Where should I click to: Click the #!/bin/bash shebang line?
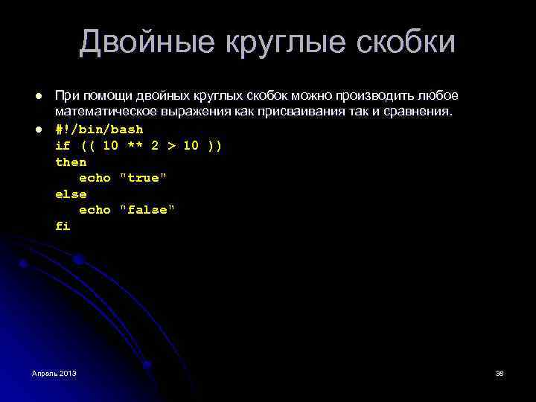click(x=99, y=129)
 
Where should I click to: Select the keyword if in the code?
click(x=63, y=145)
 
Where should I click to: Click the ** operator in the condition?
click(x=135, y=145)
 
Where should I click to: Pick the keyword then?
click(x=71, y=162)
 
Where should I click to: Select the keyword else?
click(x=71, y=194)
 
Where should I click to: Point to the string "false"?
click(x=147, y=210)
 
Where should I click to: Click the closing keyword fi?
click(x=63, y=226)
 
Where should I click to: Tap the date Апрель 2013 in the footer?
click(x=54, y=372)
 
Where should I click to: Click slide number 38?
click(x=500, y=372)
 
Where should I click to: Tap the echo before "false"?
click(x=95, y=210)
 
